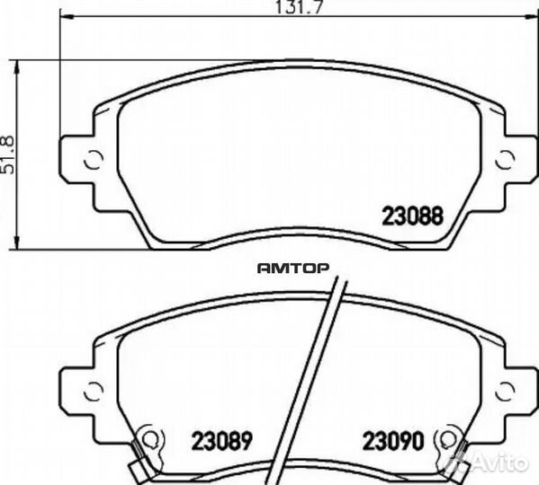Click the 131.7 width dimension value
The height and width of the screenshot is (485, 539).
[x=300, y=7]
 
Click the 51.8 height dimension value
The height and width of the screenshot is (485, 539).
[x=8, y=155]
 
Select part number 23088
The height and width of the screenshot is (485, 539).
[x=413, y=216]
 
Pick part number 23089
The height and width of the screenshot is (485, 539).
[x=221, y=441]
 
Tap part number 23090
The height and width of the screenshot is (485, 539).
[x=393, y=441]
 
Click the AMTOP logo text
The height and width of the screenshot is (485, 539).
[x=292, y=269]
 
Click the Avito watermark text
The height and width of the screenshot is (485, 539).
[x=499, y=463]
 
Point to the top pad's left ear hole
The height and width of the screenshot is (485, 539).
[x=94, y=160]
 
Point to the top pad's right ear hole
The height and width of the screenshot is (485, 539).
[x=506, y=160]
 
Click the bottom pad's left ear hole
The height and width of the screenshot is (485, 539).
[x=94, y=392]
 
